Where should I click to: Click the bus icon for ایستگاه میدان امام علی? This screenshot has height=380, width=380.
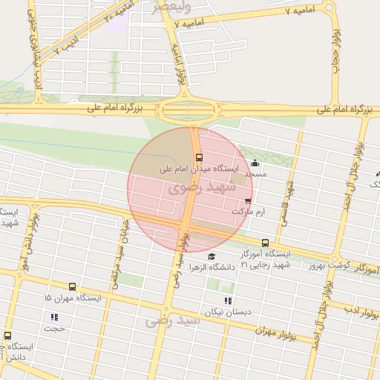[x=199, y=157]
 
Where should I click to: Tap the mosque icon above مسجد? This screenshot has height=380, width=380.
[x=255, y=163]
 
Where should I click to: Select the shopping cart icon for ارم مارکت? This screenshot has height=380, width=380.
[x=247, y=200]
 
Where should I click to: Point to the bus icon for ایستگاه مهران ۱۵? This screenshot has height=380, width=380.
[x=72, y=286]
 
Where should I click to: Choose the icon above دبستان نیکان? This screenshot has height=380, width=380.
[x=227, y=301]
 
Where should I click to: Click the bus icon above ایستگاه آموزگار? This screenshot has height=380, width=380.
[x=266, y=243]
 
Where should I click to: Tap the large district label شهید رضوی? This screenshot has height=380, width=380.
[x=201, y=187]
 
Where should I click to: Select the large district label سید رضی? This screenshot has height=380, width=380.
[x=172, y=321]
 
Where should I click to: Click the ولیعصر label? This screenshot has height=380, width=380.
[x=171, y=7]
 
